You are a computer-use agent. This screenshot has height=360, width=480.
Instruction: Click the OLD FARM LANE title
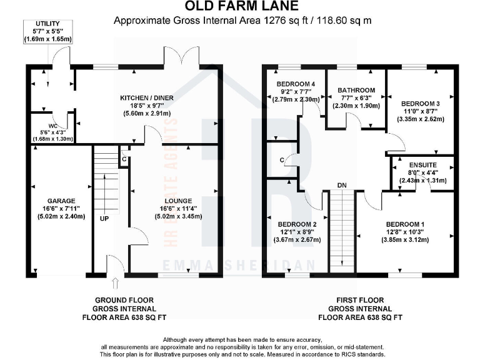(240, 7)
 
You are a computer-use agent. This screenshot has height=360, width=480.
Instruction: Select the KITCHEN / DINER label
(147, 98)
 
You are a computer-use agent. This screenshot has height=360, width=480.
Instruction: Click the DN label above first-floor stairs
(341, 186)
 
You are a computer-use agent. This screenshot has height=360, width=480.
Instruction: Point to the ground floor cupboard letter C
(124, 159)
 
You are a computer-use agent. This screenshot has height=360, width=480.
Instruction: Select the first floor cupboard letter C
(282, 161)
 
